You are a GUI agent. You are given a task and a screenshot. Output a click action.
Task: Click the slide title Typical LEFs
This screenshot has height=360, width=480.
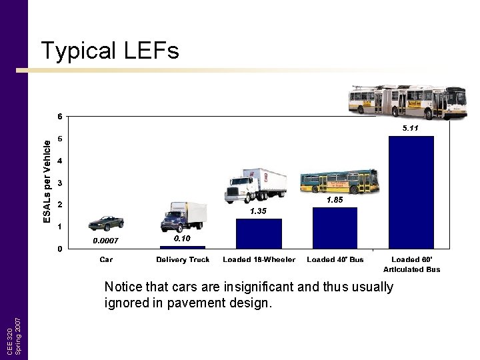pyautogui.click(x=109, y=51)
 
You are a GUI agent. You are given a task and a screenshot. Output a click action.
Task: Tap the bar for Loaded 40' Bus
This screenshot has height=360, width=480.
pyautogui.click(x=335, y=228)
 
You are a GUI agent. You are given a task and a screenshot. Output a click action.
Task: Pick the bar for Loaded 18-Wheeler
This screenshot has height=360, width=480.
pyautogui.click(x=259, y=233)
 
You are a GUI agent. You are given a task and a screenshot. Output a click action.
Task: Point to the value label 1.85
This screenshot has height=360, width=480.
pyautogui.click(x=335, y=200)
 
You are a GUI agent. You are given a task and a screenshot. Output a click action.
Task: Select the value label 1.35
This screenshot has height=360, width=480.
pyautogui.click(x=258, y=211)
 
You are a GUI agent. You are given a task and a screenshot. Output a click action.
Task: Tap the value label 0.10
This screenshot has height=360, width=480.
pyautogui.click(x=182, y=238)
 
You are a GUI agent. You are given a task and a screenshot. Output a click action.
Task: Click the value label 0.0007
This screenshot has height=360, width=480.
pyautogui.click(x=105, y=241)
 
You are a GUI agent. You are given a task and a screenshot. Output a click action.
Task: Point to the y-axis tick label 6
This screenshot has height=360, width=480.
pyautogui.click(x=61, y=117)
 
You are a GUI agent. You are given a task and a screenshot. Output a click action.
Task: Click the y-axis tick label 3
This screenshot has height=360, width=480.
pyautogui.click(x=61, y=183)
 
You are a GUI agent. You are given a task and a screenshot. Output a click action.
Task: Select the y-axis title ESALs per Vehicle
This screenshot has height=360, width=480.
pyautogui.click(x=47, y=181)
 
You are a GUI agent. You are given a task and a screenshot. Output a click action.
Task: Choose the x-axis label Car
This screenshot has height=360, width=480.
pyautogui.click(x=106, y=259)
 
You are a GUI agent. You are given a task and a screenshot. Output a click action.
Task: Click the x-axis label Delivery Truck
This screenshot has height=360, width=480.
pyautogui.click(x=183, y=259)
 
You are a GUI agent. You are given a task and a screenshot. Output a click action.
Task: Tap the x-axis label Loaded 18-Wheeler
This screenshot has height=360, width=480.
pyautogui.click(x=259, y=259)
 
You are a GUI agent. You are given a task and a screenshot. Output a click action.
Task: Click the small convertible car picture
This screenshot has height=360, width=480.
pyautogui.click(x=107, y=223)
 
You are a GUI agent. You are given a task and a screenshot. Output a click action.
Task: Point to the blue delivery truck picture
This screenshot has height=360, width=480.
pyautogui.click(x=184, y=217)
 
